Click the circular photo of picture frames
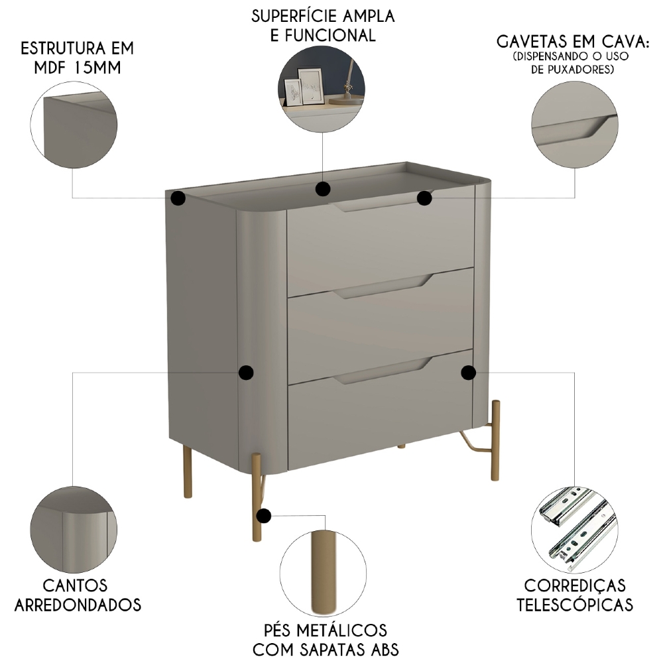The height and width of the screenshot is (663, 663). point(322,88)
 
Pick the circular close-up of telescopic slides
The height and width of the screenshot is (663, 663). point(574,528)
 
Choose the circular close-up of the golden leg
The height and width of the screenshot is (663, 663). point(323,572)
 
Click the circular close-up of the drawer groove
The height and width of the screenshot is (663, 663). point(574,125)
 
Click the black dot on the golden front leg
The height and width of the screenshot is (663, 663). point(265,516)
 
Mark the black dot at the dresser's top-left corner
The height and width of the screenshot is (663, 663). point(178,198)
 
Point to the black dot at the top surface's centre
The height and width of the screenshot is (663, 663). point(323,190)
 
